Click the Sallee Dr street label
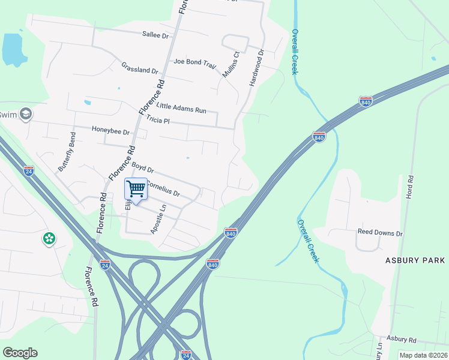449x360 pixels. click(x=155, y=35)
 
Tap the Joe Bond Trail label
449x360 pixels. click(x=193, y=62)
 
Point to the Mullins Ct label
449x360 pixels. click(x=231, y=64)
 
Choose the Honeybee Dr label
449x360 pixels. click(x=110, y=130)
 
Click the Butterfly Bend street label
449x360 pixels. click(x=66, y=152)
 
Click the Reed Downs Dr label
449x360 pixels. click(x=380, y=232)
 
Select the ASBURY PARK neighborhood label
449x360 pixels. click(x=415, y=260)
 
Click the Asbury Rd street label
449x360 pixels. click(x=402, y=339)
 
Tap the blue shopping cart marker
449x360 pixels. click(x=136, y=189)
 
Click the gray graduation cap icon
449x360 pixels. click(x=26, y=113)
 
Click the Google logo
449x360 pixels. click(x=20, y=352)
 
